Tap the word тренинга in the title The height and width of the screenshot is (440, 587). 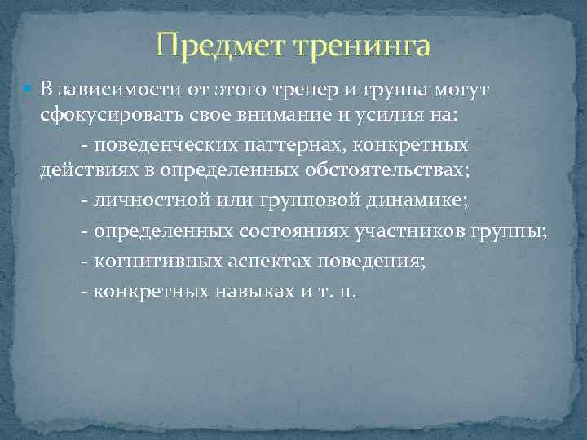[x=362, y=46]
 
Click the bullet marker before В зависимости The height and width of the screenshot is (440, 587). [x=31, y=88]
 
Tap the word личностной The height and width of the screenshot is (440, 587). [x=140, y=202]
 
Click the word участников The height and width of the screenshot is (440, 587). [x=412, y=231]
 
